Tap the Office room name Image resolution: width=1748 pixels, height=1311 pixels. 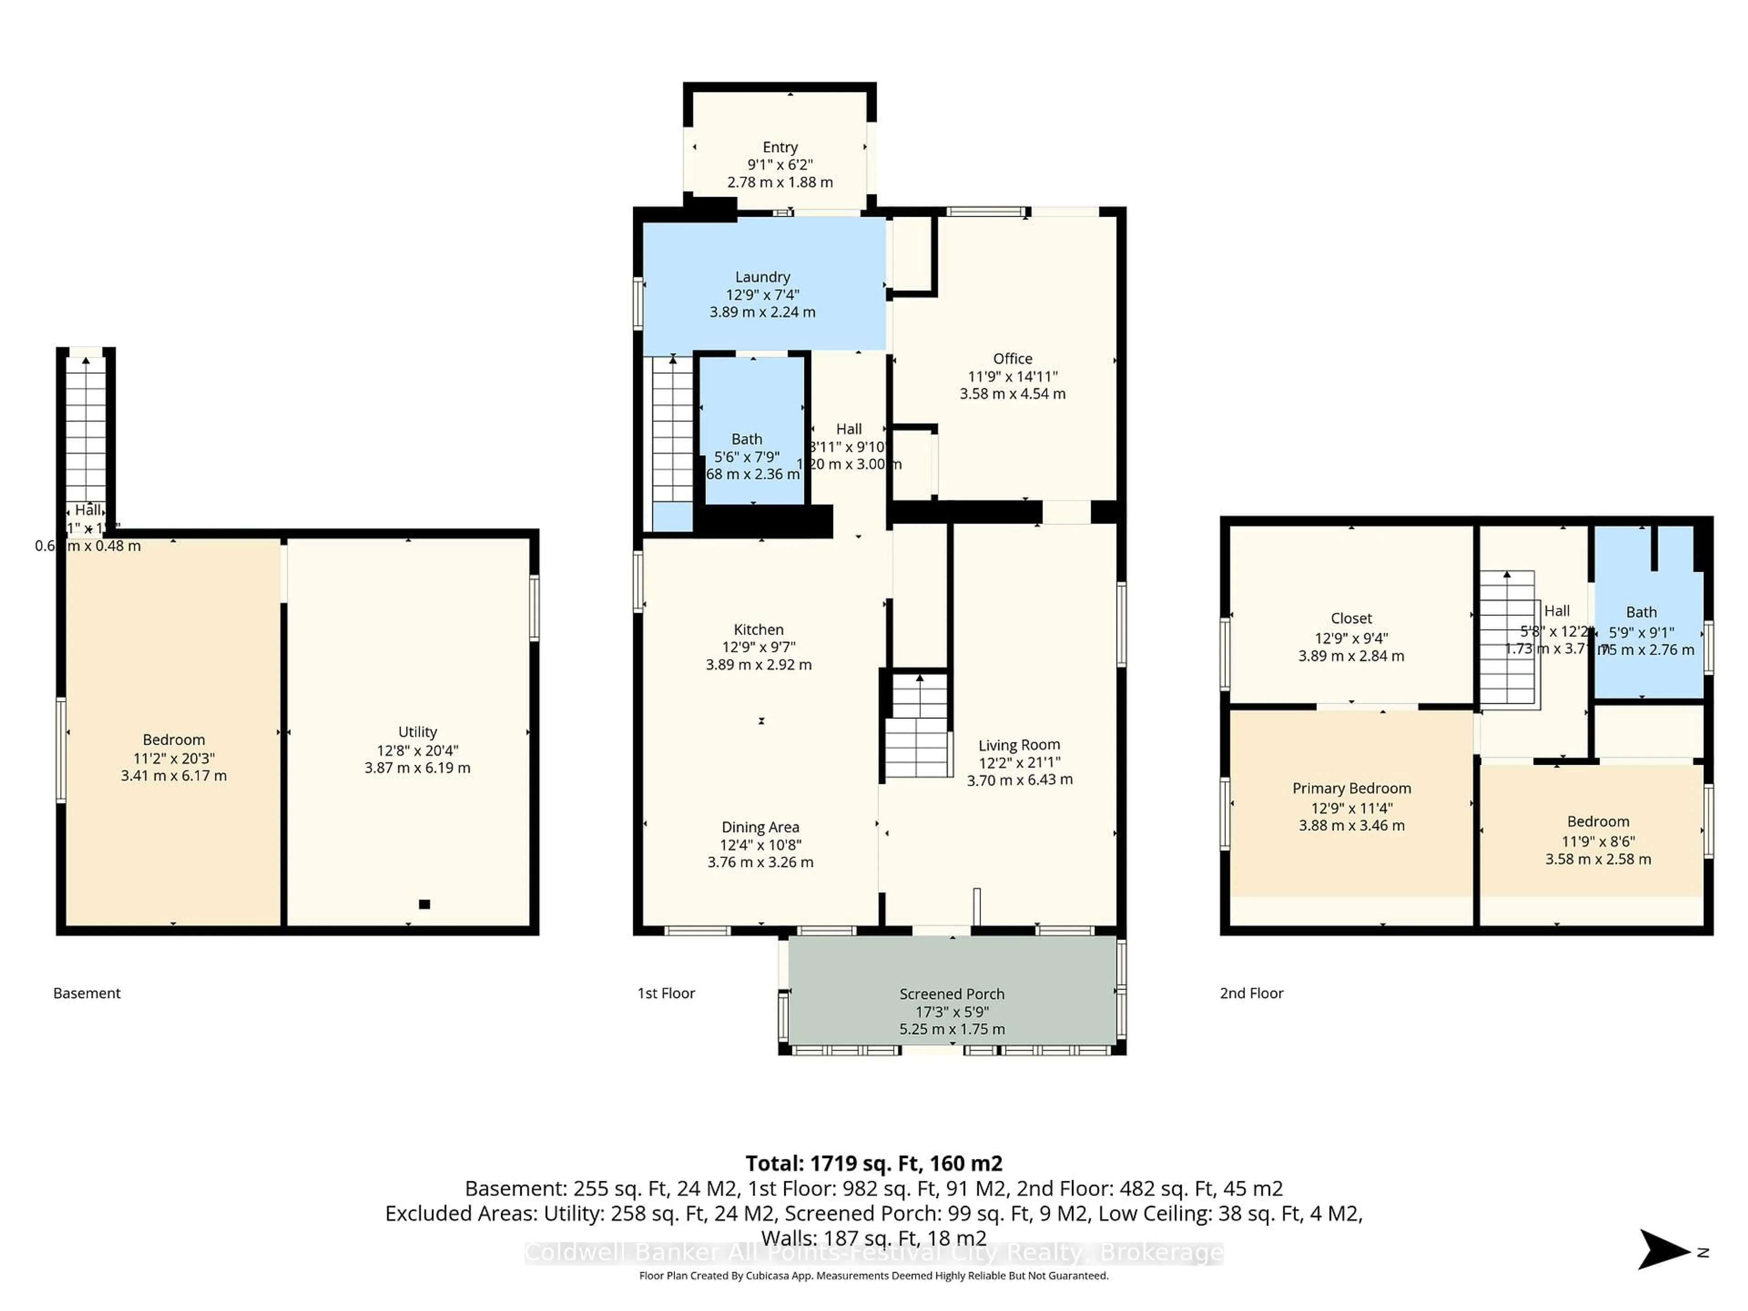click(x=1012, y=359)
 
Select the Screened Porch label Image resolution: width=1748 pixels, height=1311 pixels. click(x=951, y=994)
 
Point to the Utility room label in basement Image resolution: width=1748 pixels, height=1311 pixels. click(x=417, y=732)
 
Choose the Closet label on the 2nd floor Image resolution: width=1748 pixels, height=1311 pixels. click(x=1352, y=618)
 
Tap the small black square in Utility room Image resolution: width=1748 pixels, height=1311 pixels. click(x=424, y=904)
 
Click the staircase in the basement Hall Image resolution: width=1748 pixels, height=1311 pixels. click(x=85, y=427)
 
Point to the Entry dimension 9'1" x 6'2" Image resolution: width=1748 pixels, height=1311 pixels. click(x=780, y=164)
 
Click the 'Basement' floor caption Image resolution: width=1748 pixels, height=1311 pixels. click(x=87, y=993)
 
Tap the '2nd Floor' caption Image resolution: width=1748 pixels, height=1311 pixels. click(x=1252, y=993)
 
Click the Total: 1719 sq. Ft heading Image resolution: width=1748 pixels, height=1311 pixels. click(x=874, y=1163)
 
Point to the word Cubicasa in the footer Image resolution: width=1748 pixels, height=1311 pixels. click(x=767, y=1275)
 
